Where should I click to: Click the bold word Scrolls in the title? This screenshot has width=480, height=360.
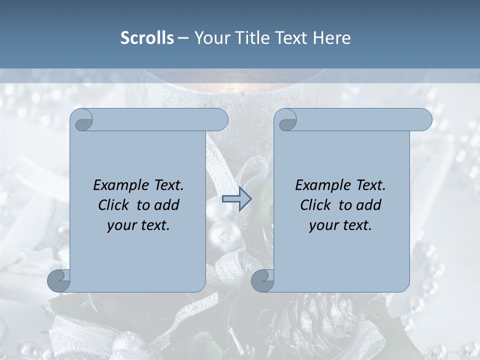147,38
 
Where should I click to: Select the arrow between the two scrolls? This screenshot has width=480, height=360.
236,199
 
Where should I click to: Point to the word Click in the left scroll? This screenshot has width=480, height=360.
113,205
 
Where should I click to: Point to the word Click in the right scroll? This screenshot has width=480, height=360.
315,205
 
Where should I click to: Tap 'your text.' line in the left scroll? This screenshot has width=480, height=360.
138,225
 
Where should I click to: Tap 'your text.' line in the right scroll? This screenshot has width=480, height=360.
340,225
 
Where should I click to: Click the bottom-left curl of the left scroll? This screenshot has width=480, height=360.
59,280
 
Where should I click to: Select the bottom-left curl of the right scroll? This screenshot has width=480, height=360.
263,280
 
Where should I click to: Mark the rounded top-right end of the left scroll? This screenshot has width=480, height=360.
220,120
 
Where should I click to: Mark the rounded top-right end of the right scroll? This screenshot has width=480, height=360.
424,120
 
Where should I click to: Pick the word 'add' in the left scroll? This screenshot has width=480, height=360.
167,205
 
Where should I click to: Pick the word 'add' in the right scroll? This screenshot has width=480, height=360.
369,205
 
